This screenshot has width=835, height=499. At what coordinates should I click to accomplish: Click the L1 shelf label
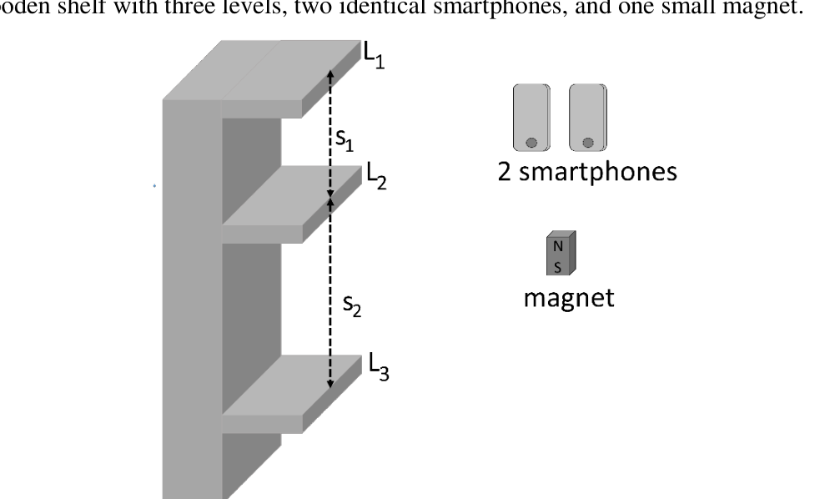(374, 55)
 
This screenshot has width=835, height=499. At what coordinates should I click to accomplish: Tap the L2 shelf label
(376, 176)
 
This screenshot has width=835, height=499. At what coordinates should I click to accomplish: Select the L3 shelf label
(379, 366)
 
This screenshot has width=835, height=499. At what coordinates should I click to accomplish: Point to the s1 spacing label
(345, 139)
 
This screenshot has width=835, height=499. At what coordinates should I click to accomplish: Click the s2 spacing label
(352, 305)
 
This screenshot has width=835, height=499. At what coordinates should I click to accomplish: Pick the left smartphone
(531, 118)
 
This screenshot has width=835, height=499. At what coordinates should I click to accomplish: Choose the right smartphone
(588, 118)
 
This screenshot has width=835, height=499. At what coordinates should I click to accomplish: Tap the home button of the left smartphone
(531, 142)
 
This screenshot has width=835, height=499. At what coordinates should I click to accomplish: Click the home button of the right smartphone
(588, 142)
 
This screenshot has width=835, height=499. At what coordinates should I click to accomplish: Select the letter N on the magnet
(558, 246)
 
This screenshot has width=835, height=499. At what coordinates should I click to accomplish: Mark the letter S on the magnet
(557, 267)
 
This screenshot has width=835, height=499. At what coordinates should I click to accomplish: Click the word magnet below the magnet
(569, 298)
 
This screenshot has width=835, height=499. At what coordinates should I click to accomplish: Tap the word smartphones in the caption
(598, 172)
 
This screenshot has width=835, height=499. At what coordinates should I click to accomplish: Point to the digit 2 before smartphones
(505, 172)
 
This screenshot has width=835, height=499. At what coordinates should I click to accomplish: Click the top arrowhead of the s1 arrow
(330, 74)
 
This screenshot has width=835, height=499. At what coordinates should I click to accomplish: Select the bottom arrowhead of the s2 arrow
(330, 383)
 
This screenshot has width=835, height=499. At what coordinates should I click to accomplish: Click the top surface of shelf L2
(292, 195)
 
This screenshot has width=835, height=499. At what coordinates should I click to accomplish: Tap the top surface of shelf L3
(292, 385)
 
